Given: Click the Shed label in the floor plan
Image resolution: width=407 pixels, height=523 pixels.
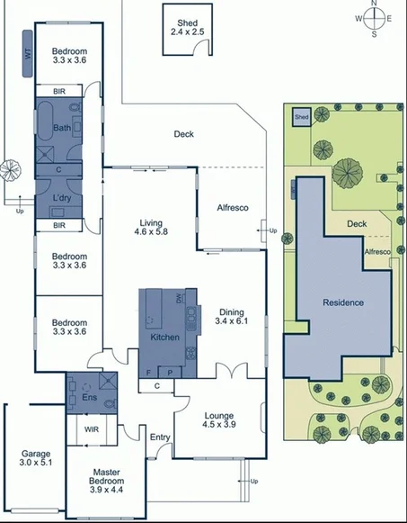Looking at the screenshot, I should click(188, 26).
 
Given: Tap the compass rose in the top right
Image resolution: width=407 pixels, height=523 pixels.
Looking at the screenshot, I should click(375, 18).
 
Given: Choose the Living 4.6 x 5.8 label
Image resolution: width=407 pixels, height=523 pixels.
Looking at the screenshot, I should click(150, 227).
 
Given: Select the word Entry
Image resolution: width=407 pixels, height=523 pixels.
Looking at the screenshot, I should click(160, 437).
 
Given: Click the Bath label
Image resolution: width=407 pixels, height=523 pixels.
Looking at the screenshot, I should click(61, 128).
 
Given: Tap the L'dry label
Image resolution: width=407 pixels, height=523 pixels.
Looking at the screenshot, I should click(62, 197).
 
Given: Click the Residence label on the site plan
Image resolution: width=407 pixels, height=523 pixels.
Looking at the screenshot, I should click(343, 302).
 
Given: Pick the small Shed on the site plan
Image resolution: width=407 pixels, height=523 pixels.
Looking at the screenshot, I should click(302, 117).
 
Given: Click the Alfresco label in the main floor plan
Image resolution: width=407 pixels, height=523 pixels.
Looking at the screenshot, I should click(233, 208).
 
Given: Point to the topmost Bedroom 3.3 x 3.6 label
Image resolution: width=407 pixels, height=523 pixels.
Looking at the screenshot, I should click(68, 56).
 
